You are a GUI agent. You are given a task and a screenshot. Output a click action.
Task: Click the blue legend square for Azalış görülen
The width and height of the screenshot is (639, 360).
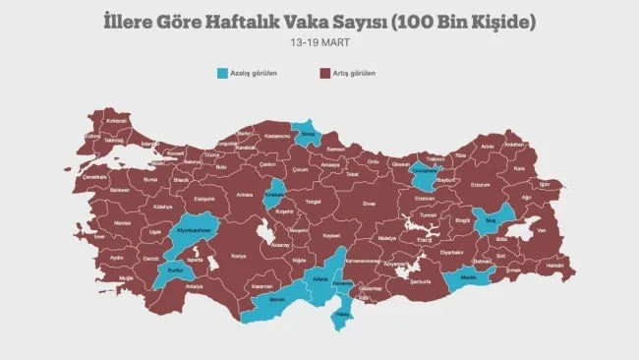223,73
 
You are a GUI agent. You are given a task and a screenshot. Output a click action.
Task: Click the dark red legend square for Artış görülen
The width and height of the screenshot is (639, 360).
323,73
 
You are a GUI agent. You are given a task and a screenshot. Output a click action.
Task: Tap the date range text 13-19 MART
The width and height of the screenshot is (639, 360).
319,43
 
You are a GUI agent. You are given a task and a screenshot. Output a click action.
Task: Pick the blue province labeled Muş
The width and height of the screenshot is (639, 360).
491,219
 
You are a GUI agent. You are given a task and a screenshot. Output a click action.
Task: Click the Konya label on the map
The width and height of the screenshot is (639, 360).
239,256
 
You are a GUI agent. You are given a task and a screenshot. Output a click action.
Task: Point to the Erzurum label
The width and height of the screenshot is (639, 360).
480,184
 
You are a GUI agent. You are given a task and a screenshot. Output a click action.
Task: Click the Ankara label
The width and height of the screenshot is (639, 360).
243,195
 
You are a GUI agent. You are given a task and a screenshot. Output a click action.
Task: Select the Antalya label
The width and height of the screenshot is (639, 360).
194,286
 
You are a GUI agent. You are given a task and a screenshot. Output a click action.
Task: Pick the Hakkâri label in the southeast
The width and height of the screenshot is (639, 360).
554,266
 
